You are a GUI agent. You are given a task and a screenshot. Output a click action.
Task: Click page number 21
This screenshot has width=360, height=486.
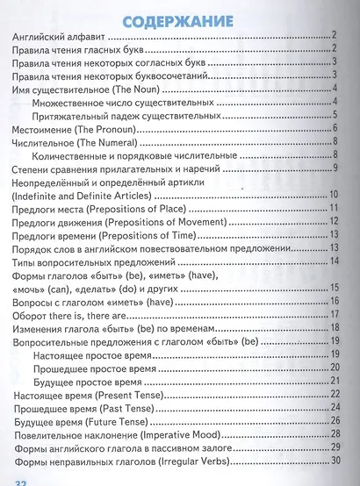point(335,382)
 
